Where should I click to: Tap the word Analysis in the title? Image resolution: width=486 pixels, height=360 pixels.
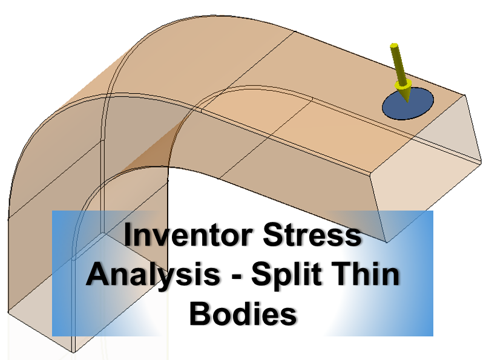point(153,275)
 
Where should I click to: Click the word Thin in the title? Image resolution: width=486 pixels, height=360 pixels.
point(369,275)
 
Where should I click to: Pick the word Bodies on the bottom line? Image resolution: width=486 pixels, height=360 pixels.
point(243,315)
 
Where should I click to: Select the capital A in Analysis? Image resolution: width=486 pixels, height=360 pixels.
point(97,275)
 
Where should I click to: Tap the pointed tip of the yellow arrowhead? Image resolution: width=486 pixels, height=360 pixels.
point(407,100)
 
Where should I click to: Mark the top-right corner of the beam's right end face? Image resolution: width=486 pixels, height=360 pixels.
point(465,94)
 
